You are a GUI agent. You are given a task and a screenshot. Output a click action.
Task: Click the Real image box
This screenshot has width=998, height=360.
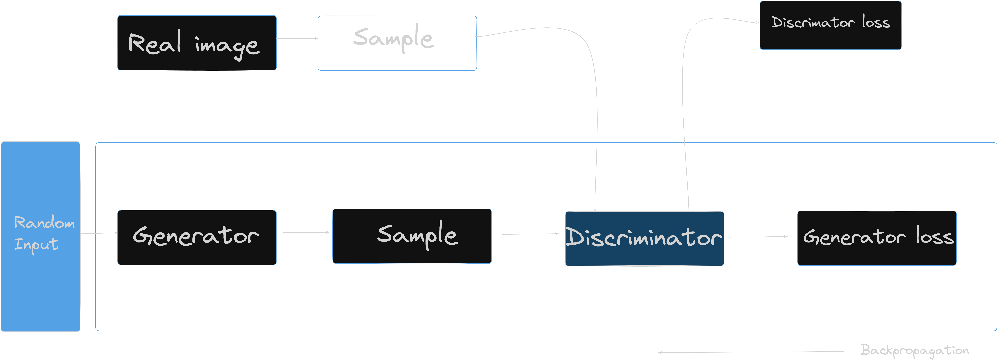pyautogui.click(x=197, y=43)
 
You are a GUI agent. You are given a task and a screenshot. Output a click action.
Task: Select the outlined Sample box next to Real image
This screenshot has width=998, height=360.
pyautogui.click(x=397, y=43)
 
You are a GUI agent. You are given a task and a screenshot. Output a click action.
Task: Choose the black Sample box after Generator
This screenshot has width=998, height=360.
pyautogui.click(x=412, y=236)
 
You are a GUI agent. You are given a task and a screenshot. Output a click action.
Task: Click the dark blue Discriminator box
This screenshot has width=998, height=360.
pyautogui.click(x=644, y=238)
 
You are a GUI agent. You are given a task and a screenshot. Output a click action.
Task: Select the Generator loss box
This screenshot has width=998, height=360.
pyautogui.click(x=877, y=238)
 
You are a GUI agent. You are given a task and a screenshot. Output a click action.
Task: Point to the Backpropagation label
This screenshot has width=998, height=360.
pyautogui.click(x=914, y=350)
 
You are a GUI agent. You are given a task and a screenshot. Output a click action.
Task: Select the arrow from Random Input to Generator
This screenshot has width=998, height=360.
pyautogui.click(x=99, y=233)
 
